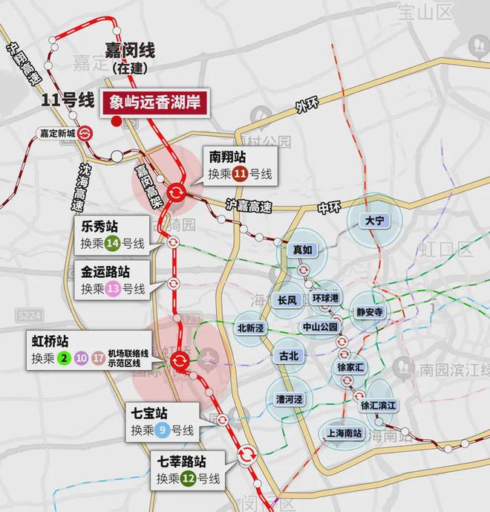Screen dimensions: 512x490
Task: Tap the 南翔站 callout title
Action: pos(227,157)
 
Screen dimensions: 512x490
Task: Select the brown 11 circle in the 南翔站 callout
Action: pos(240,175)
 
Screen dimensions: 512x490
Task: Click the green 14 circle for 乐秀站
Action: pos(113,242)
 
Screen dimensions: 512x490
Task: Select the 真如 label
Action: pos(302,251)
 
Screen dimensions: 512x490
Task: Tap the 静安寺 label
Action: pos(369,313)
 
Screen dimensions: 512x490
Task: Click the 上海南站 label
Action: pos(344,434)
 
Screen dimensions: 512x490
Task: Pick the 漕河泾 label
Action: pos(290,400)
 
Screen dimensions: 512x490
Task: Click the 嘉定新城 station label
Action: pos(59,135)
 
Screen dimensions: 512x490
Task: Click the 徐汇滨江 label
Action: pos(379,406)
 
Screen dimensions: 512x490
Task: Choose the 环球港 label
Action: pos(325,298)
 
